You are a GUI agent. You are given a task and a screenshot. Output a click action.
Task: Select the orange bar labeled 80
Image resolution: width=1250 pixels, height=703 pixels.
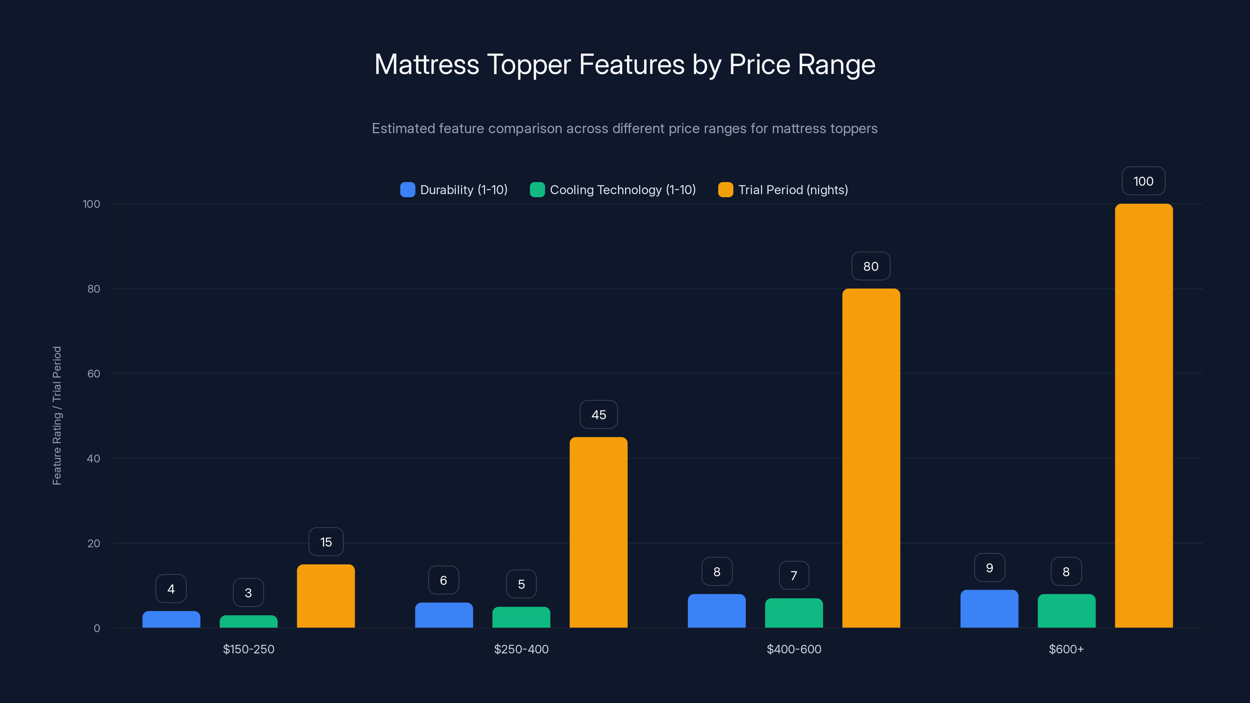[871, 458]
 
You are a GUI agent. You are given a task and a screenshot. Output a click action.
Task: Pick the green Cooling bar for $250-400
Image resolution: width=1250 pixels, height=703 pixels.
[521, 617]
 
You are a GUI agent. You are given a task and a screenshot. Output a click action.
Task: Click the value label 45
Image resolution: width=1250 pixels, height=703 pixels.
[598, 415]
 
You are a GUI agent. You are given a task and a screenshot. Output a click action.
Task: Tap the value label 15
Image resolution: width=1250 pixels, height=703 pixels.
[326, 542]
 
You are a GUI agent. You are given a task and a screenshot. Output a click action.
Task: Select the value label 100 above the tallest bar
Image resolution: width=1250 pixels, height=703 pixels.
[1143, 182]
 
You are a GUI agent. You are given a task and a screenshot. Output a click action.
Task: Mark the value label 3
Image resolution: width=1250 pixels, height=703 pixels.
[248, 592]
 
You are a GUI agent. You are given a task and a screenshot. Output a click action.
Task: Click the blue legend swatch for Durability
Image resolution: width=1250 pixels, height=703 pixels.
[407, 190]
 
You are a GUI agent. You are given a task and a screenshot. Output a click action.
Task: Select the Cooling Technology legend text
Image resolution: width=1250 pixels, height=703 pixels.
[623, 190]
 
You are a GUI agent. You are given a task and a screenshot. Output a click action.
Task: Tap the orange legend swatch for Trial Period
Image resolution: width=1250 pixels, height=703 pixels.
[725, 190]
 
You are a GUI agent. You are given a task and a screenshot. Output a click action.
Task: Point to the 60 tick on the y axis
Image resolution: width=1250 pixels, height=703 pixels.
[94, 374]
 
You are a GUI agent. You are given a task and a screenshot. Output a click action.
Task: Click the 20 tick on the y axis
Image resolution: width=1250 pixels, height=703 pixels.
[94, 543]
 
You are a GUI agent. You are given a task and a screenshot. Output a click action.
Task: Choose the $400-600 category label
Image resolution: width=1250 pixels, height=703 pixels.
[794, 649]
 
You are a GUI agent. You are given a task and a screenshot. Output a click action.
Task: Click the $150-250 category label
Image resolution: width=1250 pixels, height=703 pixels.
[248, 649]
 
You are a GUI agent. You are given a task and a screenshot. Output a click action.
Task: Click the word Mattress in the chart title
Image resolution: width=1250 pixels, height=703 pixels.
[427, 64]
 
